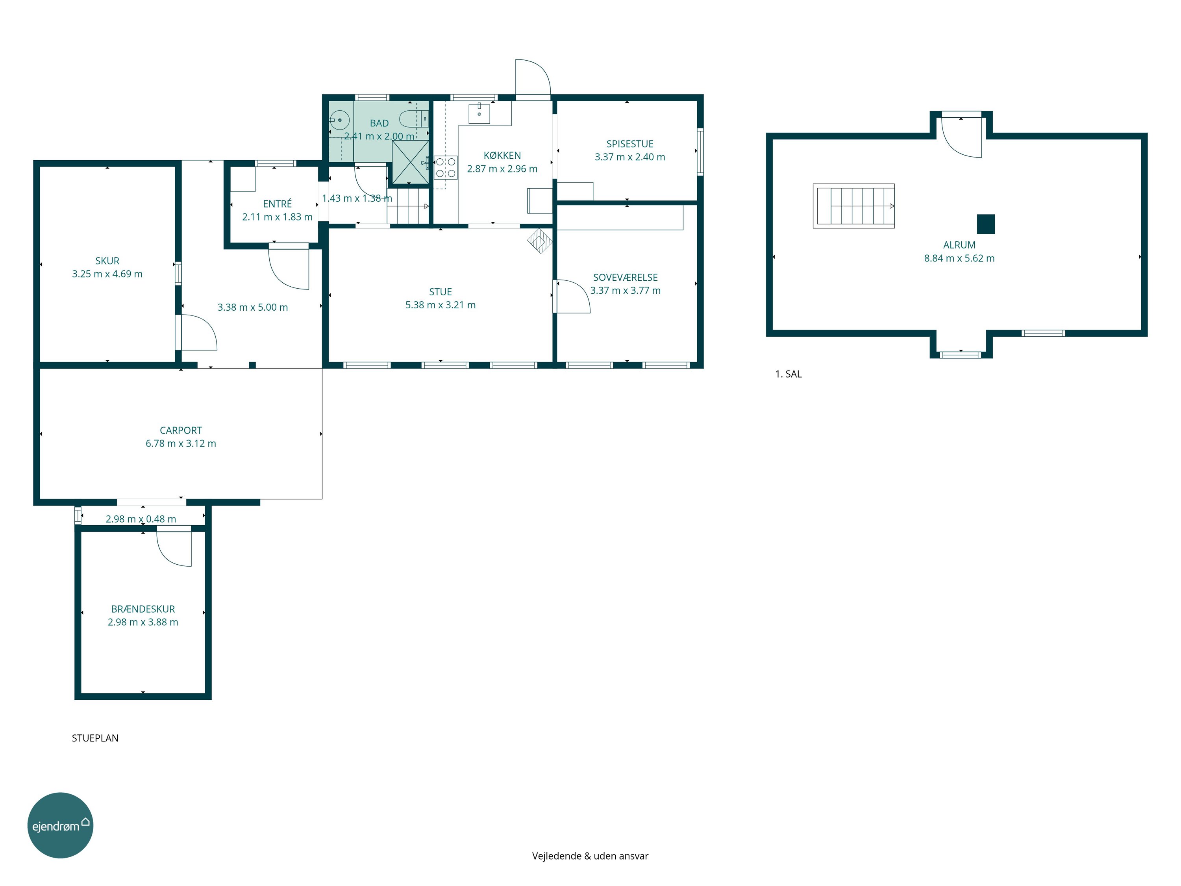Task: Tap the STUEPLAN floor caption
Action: point(95,738)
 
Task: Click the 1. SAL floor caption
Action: point(788,374)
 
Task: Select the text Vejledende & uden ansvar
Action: point(590,856)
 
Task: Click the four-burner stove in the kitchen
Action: point(445,167)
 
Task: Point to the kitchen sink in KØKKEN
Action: point(479,113)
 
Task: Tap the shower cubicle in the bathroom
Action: point(411,162)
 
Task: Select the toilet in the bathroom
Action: point(414,118)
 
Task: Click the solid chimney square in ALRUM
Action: point(986,224)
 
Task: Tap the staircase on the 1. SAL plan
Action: point(853,206)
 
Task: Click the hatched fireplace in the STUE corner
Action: point(540,241)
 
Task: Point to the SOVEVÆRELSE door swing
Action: point(573,297)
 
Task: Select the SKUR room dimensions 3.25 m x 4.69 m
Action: point(107,274)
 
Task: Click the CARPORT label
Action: point(181,430)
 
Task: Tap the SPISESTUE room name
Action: point(630,144)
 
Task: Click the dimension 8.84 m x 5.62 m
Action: point(959,258)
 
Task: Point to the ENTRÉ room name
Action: point(278,204)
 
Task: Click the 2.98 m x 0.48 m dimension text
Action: point(141,519)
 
